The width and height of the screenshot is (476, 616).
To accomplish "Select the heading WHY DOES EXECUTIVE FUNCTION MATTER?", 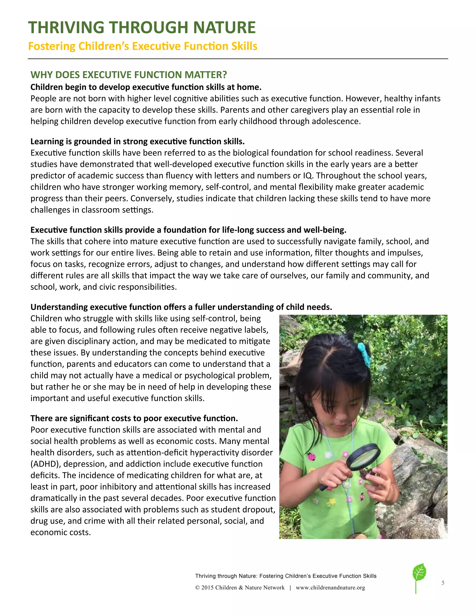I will [x=129, y=75].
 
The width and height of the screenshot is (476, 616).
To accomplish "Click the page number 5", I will [x=443, y=583].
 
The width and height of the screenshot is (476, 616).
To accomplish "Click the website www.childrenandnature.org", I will [x=330, y=588].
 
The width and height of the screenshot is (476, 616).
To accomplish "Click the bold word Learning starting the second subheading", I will [x=47, y=142].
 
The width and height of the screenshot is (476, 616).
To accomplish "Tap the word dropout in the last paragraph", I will [x=257, y=510].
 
